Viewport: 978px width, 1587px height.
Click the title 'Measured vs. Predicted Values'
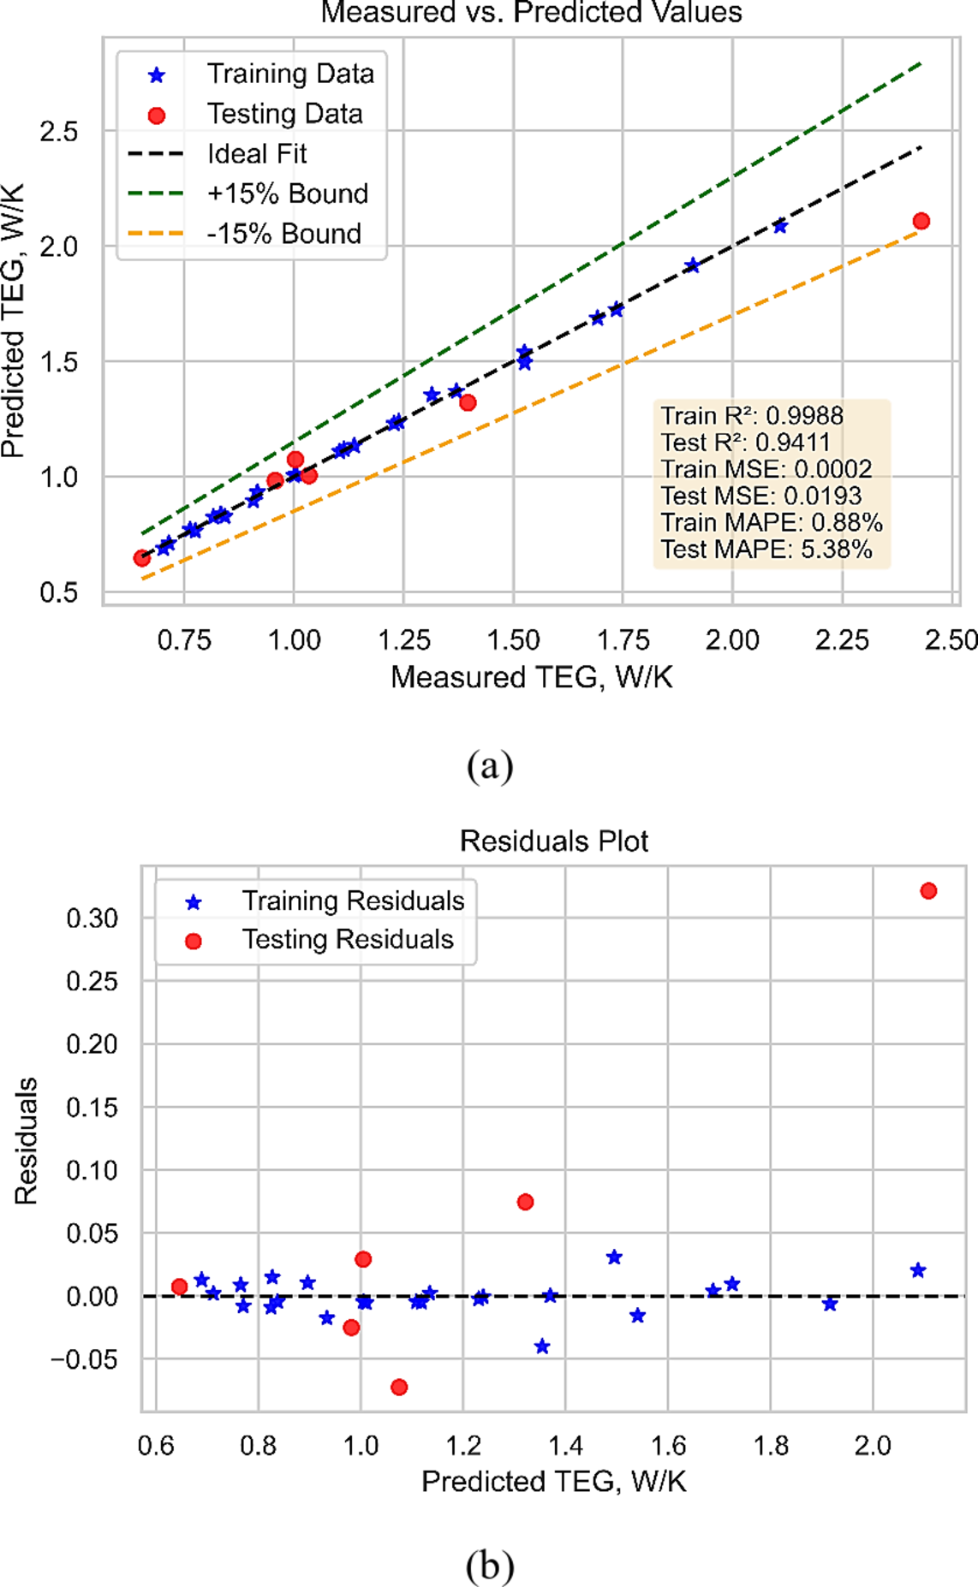531,13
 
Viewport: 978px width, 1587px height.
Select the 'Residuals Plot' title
553,841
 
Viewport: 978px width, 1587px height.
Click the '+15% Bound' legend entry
287,193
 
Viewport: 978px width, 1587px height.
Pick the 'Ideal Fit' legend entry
256,154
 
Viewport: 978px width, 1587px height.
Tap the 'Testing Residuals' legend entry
347,940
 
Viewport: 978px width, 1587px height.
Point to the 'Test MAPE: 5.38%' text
766,550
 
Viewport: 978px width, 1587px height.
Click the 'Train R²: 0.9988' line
752,416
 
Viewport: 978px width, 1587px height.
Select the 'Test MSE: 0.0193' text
761,496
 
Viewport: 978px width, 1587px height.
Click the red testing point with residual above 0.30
928,891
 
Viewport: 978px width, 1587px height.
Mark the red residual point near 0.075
526,1202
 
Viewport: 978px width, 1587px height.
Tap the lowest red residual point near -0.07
399,1387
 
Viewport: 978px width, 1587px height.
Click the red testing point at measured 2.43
921,221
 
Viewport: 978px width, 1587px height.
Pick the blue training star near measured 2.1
780,227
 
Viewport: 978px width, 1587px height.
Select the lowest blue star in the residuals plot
542,1346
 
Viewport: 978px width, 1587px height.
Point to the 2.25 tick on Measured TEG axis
842,640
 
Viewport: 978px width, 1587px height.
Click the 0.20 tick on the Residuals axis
92,1044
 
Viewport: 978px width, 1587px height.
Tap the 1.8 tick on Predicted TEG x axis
771,1446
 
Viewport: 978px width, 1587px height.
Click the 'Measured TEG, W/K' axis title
531,677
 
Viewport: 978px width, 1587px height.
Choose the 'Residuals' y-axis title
27,1141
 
